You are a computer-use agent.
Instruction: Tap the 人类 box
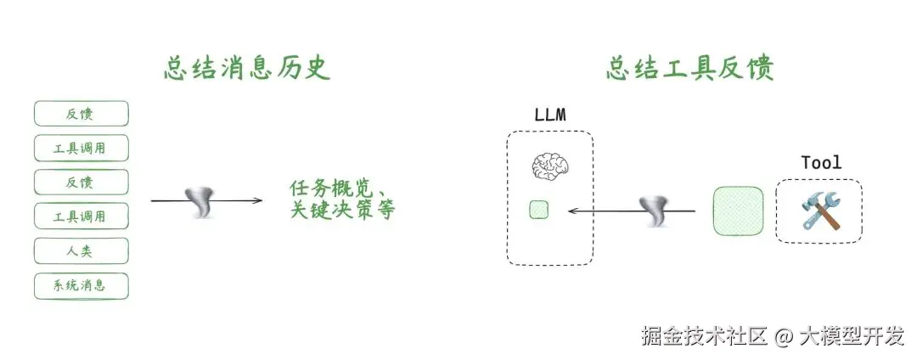(x=81, y=250)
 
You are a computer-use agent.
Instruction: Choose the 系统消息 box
(x=81, y=285)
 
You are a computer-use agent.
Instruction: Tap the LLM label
(x=549, y=115)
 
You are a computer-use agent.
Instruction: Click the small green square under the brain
(x=538, y=209)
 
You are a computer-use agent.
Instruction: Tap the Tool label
(x=820, y=162)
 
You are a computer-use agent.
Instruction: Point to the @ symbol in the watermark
(x=784, y=336)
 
